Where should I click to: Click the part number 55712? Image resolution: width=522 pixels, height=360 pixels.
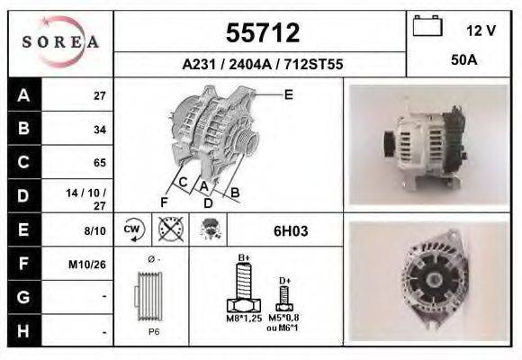(261, 33)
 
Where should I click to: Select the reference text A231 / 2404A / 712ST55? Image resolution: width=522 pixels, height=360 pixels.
(261, 65)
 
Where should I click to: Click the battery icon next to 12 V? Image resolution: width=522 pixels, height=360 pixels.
(427, 28)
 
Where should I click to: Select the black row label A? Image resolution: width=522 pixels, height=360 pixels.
(22, 95)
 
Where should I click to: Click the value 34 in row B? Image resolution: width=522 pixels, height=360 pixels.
(99, 129)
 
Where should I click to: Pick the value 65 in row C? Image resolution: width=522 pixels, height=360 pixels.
(99, 163)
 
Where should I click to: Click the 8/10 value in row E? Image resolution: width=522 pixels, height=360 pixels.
(94, 231)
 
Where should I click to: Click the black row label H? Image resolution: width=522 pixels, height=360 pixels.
(22, 331)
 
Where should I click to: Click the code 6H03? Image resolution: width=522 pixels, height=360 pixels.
(291, 231)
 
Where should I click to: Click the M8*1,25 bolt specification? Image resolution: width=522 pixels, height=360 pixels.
(242, 319)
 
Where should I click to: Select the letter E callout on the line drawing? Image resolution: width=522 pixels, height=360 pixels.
(288, 94)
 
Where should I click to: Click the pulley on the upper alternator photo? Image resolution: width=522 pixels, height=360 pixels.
(390, 143)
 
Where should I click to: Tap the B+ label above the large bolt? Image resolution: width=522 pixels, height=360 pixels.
(243, 258)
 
